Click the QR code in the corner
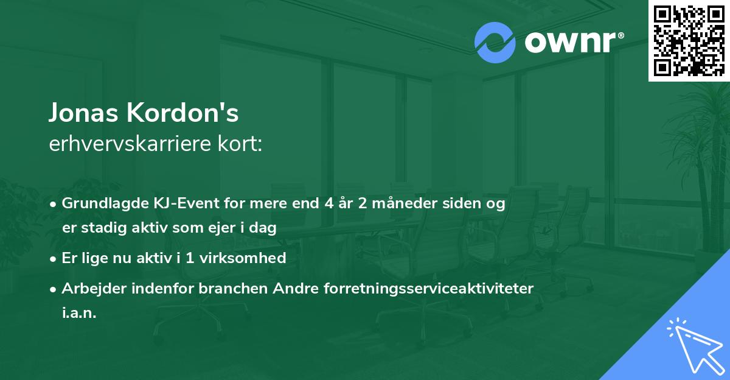689,40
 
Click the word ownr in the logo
572,43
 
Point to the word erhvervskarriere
132,145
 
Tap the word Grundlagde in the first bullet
100,203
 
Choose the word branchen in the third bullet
226,288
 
